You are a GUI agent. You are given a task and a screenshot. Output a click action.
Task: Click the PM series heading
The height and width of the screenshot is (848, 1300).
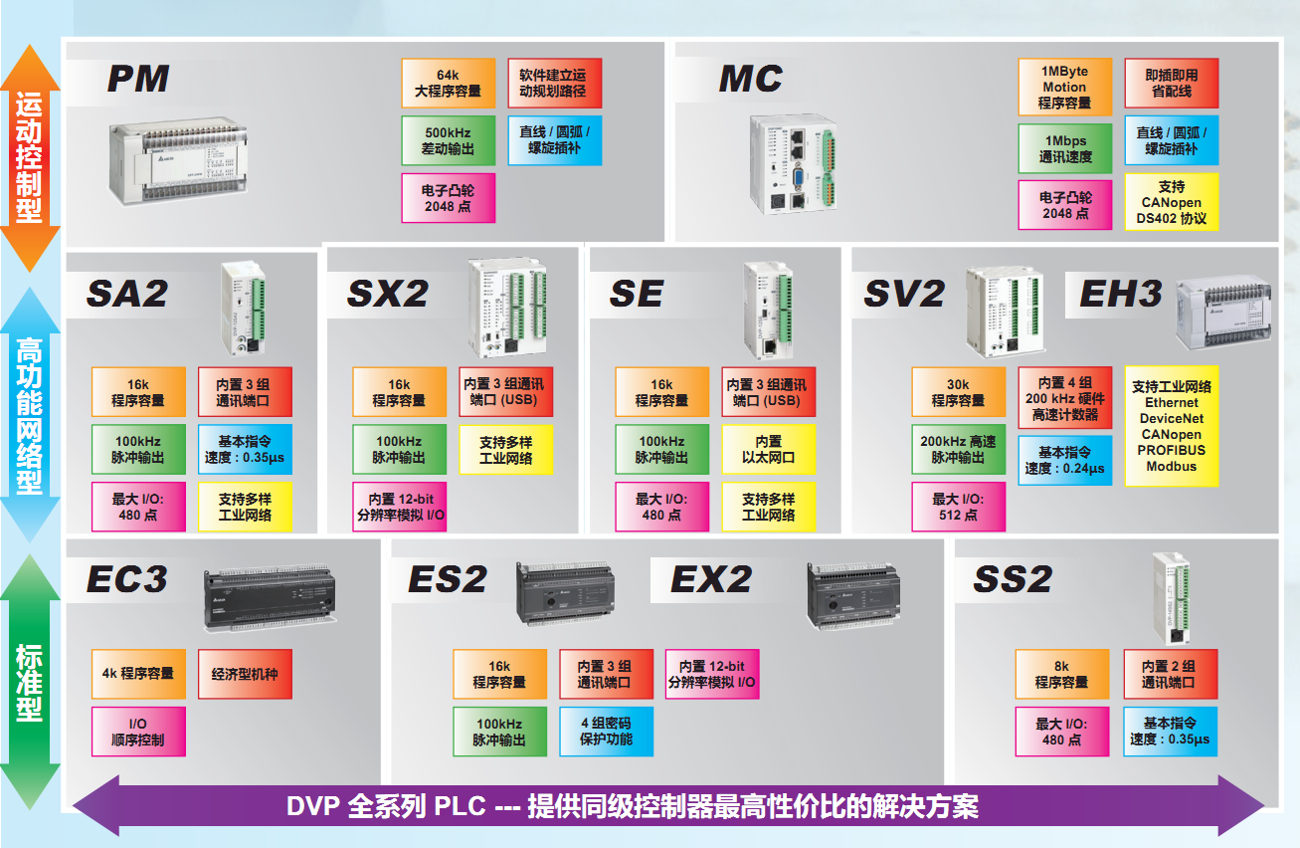138,79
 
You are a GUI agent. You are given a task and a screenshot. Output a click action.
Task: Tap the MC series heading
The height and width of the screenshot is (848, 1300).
751,79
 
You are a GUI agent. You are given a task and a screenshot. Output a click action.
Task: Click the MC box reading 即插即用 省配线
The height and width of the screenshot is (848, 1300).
1171,83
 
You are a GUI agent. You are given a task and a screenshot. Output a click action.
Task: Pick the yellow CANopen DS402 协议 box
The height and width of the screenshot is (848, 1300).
1171,202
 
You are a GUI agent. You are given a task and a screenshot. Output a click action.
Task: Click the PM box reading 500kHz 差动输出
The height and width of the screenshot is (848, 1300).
448,140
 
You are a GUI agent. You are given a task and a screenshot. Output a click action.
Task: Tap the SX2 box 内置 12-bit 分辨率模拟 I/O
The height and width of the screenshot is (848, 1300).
399,507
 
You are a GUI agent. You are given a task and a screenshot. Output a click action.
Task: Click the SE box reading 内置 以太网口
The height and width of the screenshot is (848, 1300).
768,449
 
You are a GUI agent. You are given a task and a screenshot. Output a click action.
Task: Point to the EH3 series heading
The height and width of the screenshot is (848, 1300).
1120,294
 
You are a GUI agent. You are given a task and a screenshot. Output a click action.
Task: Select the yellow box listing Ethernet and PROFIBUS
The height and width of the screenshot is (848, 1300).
1171,427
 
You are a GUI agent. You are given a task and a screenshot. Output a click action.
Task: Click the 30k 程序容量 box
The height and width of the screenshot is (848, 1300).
958,392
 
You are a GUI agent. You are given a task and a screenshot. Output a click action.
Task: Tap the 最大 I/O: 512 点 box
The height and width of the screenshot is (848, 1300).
958,507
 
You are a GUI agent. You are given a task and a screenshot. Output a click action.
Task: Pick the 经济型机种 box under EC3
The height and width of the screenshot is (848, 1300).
245,674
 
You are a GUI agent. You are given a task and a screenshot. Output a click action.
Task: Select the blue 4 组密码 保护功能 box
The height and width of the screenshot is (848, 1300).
606,732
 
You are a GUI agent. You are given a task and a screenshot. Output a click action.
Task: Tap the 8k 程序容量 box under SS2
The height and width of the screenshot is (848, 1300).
1061,674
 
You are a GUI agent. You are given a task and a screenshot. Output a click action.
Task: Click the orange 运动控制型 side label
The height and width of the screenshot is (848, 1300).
29,157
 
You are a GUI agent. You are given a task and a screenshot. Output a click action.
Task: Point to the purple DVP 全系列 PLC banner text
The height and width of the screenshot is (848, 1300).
632,806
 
